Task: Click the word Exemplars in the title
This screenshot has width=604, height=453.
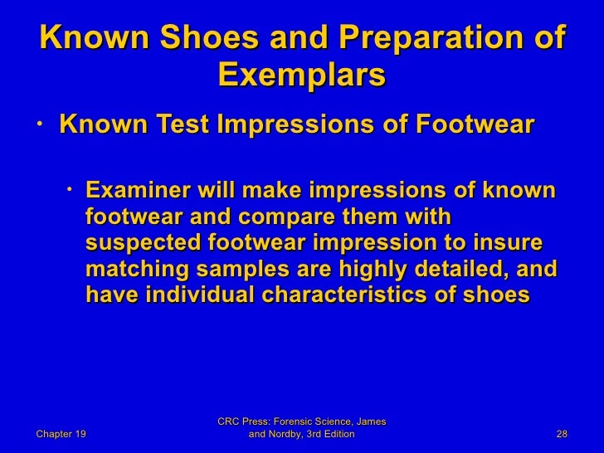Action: [x=301, y=76]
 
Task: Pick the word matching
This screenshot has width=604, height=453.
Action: [x=137, y=270]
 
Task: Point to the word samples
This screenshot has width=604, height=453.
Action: [x=239, y=270]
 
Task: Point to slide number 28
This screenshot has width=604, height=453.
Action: [x=561, y=434]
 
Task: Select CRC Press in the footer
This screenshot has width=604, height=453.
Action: [x=244, y=422]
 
